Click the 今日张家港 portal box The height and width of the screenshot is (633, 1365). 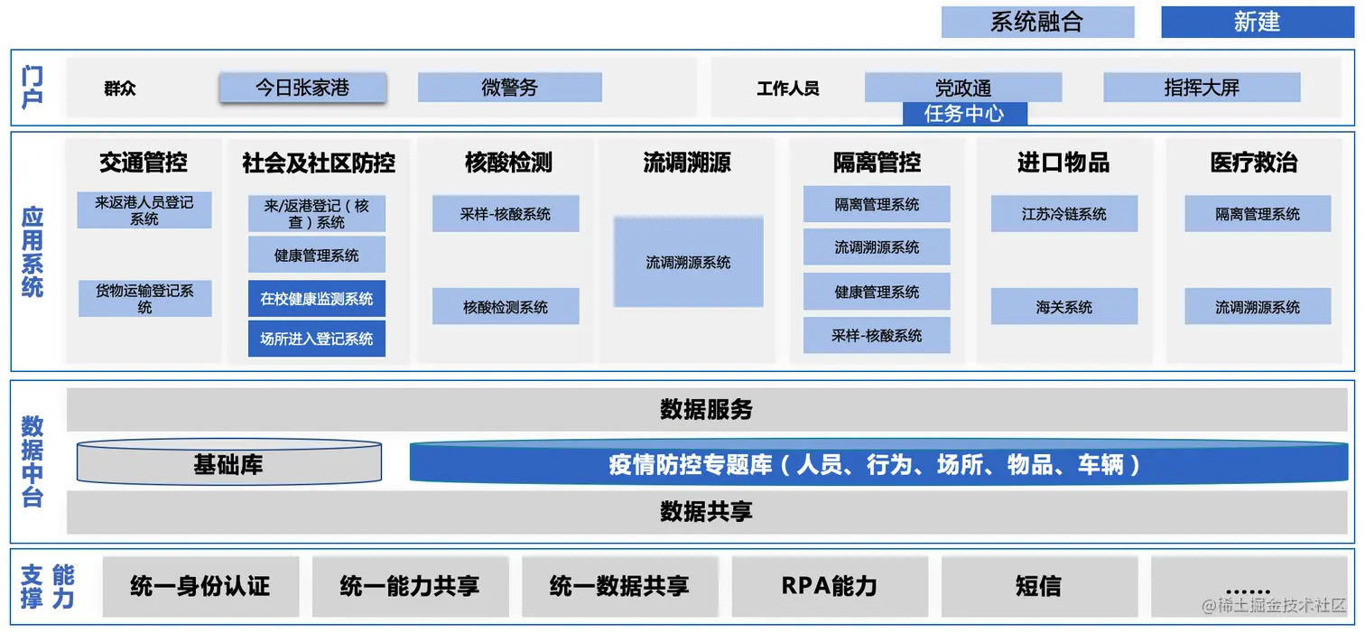[302, 88]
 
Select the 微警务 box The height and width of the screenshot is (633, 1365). [509, 88]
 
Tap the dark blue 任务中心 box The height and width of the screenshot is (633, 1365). [964, 114]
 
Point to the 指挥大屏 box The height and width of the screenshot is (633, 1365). [1202, 88]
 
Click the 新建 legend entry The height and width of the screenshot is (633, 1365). [1257, 23]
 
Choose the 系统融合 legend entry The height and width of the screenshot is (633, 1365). [1036, 23]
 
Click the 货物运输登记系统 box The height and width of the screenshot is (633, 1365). [144, 299]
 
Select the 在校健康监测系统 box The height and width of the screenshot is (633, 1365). [317, 299]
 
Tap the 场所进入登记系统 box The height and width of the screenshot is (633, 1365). [317, 340]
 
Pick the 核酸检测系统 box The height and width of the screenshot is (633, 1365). [506, 307]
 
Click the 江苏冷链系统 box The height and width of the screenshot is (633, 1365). [1063, 214]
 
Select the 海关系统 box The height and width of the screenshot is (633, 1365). [1063, 307]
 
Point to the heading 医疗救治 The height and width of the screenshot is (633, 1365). [1253, 163]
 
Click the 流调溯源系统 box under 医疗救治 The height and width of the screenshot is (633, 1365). [1258, 307]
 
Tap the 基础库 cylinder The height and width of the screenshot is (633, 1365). [228, 464]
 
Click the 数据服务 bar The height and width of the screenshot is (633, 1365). [706, 410]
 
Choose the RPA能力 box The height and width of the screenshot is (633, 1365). [829, 586]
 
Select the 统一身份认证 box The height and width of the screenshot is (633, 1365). [200, 586]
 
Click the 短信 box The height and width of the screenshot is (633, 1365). [1038, 586]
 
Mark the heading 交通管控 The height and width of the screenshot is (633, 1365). [144, 163]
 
